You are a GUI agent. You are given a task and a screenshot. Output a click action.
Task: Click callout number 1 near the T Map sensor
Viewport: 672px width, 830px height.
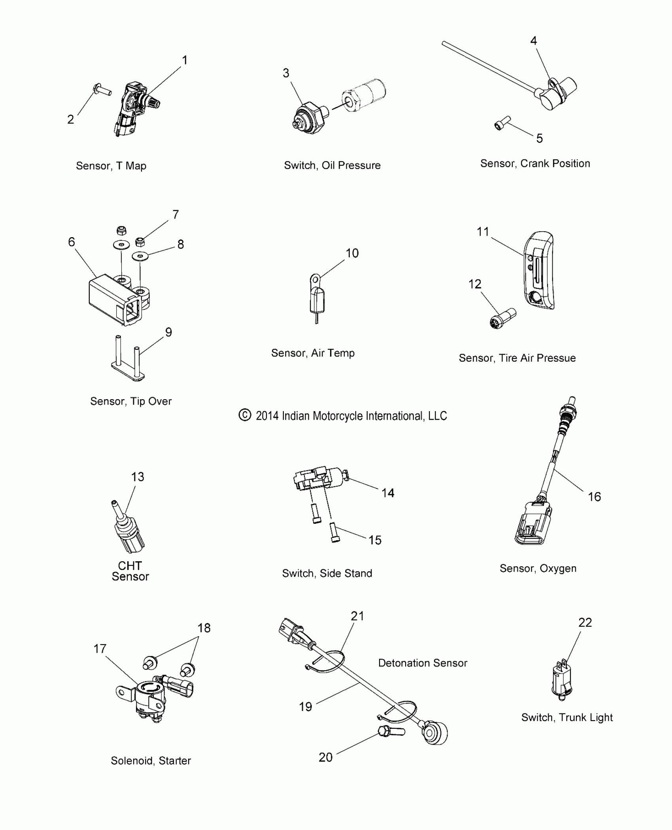[184, 60]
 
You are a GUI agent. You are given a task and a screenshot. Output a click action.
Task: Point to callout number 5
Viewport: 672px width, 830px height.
[540, 138]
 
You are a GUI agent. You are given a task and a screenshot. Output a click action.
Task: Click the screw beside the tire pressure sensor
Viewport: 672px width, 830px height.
[502, 318]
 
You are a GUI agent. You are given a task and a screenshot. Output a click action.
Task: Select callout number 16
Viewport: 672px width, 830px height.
[594, 497]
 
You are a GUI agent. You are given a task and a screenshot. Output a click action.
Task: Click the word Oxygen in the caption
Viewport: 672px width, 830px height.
[558, 568]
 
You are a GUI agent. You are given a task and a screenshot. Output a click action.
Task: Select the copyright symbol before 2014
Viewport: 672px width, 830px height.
[245, 415]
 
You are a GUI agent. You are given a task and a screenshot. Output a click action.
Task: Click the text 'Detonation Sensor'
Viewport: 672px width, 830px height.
[423, 663]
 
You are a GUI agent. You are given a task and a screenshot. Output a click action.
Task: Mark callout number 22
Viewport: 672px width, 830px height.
[585, 622]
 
